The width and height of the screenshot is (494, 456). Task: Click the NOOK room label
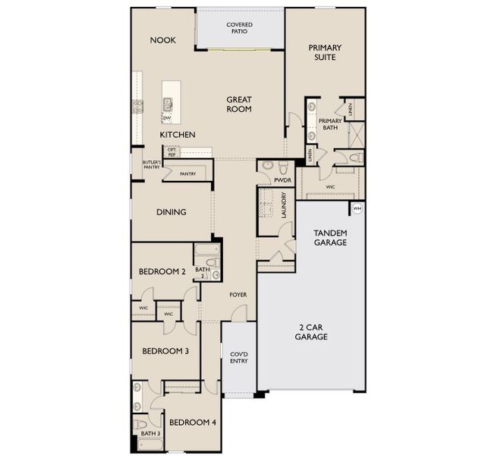click(x=162, y=40)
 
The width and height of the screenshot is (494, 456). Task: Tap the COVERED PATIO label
click(x=240, y=29)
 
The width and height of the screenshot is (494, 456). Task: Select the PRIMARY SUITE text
click(x=325, y=52)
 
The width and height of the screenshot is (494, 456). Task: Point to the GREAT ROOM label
click(x=238, y=104)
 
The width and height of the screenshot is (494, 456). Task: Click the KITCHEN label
click(x=177, y=135)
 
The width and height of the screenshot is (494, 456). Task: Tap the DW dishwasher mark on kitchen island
click(x=166, y=119)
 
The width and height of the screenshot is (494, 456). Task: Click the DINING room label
click(x=171, y=212)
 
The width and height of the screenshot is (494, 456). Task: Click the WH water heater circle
click(x=357, y=208)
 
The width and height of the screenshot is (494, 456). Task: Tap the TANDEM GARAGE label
click(x=330, y=237)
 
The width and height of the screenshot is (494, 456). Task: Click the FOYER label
click(x=238, y=293)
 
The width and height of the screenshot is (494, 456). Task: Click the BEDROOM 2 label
click(x=162, y=271)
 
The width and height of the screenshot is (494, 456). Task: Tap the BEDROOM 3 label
click(x=165, y=351)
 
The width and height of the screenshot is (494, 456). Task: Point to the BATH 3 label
click(x=149, y=434)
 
